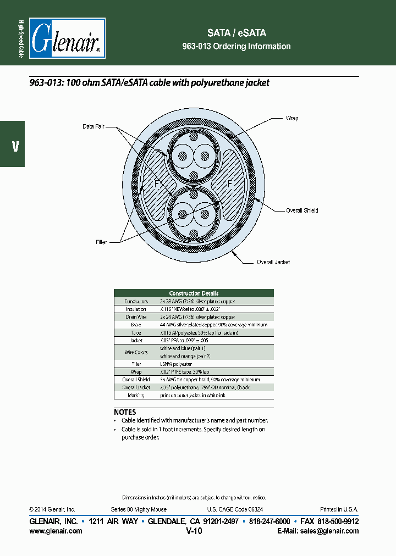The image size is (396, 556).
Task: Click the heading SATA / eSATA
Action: pos(237,33)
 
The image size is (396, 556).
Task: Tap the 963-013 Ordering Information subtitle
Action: pos(237,46)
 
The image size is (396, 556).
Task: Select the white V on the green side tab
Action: pos(15,147)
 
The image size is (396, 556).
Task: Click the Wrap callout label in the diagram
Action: pos(292,118)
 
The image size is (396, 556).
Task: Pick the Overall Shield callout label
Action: pos(302,210)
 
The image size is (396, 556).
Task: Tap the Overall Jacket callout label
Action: pos(273,262)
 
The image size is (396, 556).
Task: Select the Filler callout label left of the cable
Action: pos(100,242)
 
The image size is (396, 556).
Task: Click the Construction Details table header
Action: pos(194,293)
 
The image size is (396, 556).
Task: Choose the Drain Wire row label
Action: pos(136,317)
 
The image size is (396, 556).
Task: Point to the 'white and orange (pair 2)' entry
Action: pos(185,356)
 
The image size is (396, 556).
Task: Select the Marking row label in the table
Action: pos(136,395)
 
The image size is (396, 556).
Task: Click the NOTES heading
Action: pos(125,412)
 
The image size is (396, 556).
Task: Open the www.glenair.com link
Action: pos(56,531)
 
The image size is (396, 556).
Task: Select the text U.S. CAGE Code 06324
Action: pos(235,509)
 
